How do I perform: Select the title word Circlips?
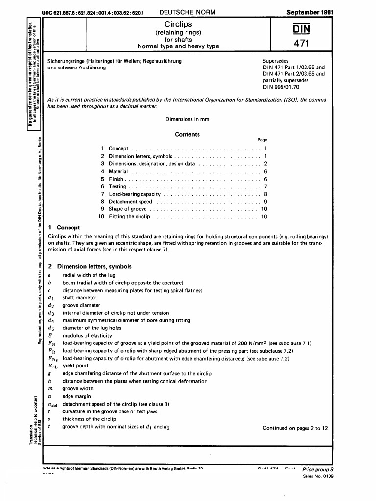178,24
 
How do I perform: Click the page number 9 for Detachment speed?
265,201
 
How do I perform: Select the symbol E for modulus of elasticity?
50,336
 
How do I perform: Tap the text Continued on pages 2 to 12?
295,428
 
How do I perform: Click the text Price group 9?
318,469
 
